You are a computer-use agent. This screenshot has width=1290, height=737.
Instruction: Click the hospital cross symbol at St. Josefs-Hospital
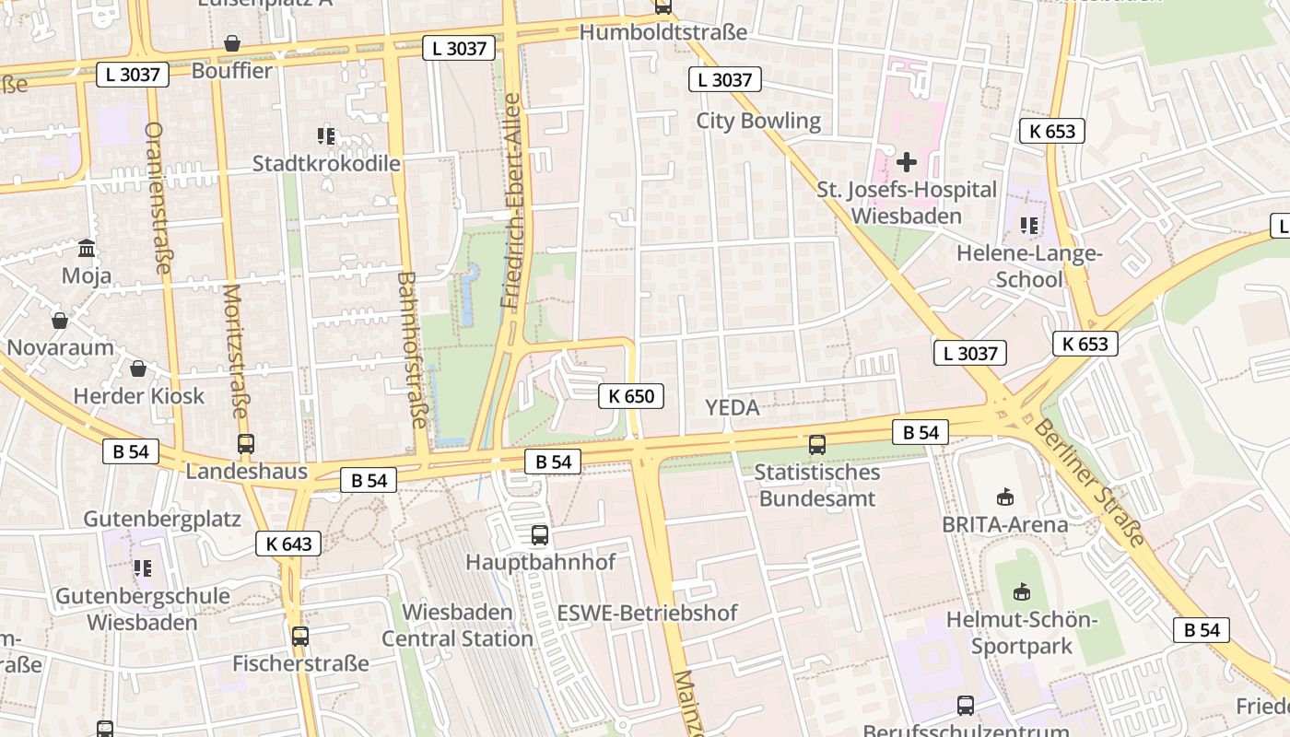pyautogui.click(x=907, y=162)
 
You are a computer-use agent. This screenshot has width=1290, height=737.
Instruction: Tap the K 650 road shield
pyautogui.click(x=631, y=397)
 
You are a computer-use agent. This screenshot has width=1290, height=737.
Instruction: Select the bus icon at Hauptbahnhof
pyautogui.click(x=540, y=534)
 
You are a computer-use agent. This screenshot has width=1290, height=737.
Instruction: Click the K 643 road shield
pyautogui.click(x=288, y=544)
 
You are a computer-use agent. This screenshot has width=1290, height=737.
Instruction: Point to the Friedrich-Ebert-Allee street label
pyautogui.click(x=511, y=200)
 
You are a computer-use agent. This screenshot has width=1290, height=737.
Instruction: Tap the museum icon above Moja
pyautogui.click(x=87, y=248)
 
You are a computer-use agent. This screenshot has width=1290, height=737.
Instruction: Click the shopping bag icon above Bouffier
pyautogui.click(x=231, y=43)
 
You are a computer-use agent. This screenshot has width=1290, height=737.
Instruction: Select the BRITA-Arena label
pyautogui.click(x=1005, y=524)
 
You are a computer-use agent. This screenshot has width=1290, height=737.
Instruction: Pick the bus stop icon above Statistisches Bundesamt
pyautogui.click(x=816, y=445)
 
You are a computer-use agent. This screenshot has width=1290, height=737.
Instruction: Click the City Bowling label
pyautogui.click(x=758, y=121)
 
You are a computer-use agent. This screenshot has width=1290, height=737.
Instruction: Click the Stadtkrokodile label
pyautogui.click(x=326, y=164)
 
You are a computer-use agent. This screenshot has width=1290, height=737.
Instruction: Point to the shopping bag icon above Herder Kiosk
pyautogui.click(x=138, y=368)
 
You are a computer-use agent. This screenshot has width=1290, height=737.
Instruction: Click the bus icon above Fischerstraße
pyautogui.click(x=299, y=636)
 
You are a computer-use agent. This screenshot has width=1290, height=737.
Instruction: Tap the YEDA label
pyautogui.click(x=732, y=407)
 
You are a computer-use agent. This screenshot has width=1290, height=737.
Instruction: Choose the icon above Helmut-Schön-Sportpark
pyautogui.click(x=1021, y=591)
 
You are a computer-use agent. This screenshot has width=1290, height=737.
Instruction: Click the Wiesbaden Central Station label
pyautogui.click(x=457, y=626)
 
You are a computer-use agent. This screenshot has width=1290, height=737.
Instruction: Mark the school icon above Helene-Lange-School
pyautogui.click(x=1028, y=225)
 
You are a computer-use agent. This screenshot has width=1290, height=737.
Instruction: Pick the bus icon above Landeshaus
pyautogui.click(x=245, y=444)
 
